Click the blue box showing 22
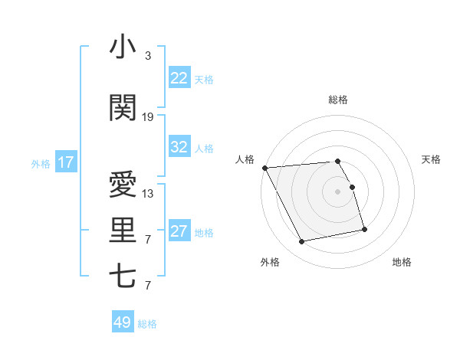tap(179, 78)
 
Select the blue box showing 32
tap(179, 147)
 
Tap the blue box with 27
tap(179, 231)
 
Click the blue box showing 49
tap(123, 322)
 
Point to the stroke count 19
tap(148, 117)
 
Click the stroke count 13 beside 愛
tap(148, 194)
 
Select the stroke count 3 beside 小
tap(148, 57)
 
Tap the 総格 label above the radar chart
tap(338, 100)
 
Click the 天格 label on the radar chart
tap(432, 159)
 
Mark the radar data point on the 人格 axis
tap(264, 168)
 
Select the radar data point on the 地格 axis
tap(364, 229)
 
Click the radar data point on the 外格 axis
tap(302, 242)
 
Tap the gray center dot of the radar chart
tap(338, 191)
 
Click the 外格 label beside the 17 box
tap(41, 163)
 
